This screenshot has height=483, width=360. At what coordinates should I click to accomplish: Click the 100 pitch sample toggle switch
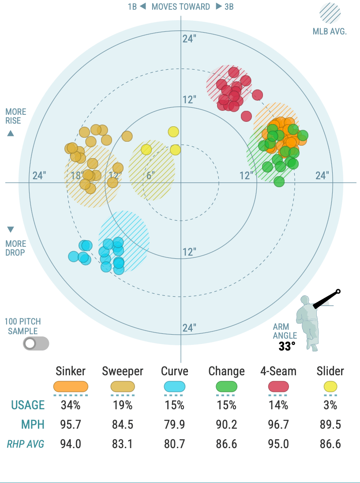tap(36, 343)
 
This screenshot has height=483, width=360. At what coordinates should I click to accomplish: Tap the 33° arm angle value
tap(286, 347)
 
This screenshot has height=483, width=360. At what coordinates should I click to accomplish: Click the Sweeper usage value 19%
tap(123, 405)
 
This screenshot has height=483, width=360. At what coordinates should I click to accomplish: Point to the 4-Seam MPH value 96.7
tap(278, 425)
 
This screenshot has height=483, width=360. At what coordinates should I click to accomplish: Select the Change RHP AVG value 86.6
tap(226, 444)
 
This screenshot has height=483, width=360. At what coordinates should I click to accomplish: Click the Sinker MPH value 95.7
tap(71, 425)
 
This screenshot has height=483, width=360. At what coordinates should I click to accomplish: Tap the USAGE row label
tap(28, 405)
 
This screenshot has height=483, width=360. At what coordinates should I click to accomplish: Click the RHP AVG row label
tap(26, 444)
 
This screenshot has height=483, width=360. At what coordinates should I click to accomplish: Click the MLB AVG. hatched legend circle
tap(330, 14)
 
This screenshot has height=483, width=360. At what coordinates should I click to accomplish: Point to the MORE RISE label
tap(16, 116)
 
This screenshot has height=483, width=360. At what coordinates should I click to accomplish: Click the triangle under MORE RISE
tap(11, 133)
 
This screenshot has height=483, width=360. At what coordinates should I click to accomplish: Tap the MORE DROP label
tap(16, 248)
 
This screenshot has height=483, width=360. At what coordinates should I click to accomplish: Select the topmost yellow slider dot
tap(173, 132)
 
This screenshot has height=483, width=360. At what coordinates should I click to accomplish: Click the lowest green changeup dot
tap(279, 181)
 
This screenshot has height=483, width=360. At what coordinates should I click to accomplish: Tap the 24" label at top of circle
tap(189, 38)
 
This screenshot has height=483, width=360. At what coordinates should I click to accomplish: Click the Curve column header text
tap(175, 371)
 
